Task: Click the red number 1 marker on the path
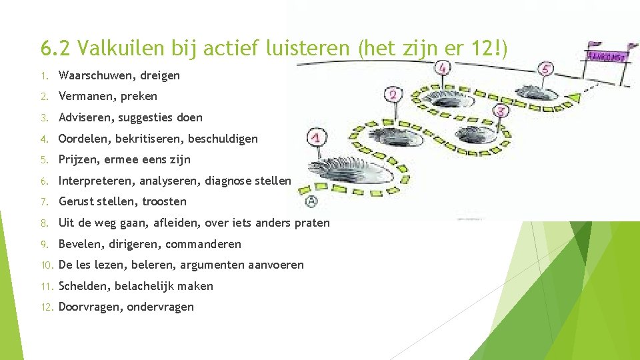click(318, 138)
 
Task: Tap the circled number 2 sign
click(394, 95)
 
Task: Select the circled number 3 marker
click(501, 111)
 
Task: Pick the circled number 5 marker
click(547, 69)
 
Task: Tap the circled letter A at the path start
click(311, 202)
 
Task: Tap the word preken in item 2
click(139, 96)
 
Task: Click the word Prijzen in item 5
click(78, 159)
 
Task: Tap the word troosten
click(163, 201)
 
